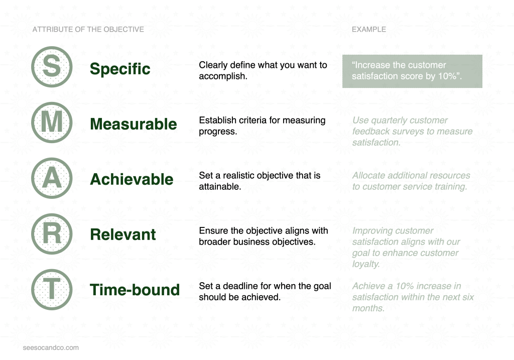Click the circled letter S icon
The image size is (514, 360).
(52, 67)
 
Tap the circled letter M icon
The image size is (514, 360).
(52, 123)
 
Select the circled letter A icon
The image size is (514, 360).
(52, 178)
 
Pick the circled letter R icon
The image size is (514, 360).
(52, 234)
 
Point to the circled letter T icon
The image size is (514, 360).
(52, 290)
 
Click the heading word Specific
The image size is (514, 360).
(120, 69)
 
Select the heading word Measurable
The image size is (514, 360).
(134, 124)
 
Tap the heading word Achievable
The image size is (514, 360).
(132, 179)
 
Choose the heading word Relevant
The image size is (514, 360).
(123, 235)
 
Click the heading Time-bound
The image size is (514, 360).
(135, 290)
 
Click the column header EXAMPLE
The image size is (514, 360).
(369, 30)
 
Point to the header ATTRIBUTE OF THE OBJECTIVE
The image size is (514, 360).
(88, 30)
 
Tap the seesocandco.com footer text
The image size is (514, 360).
(51, 347)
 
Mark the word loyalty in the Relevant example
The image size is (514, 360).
(366, 264)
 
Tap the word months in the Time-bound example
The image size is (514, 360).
(368, 308)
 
